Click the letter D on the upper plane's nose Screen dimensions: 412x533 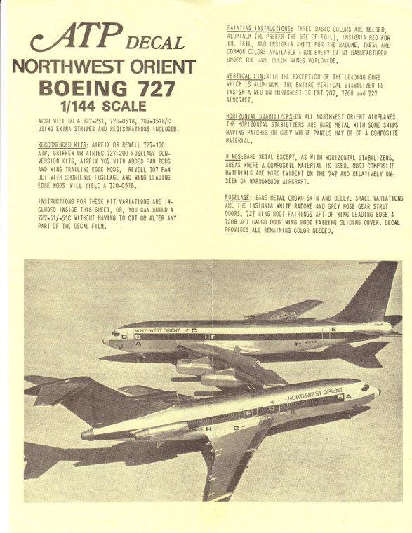tap(126, 337)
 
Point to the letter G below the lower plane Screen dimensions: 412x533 tap(234, 427)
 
